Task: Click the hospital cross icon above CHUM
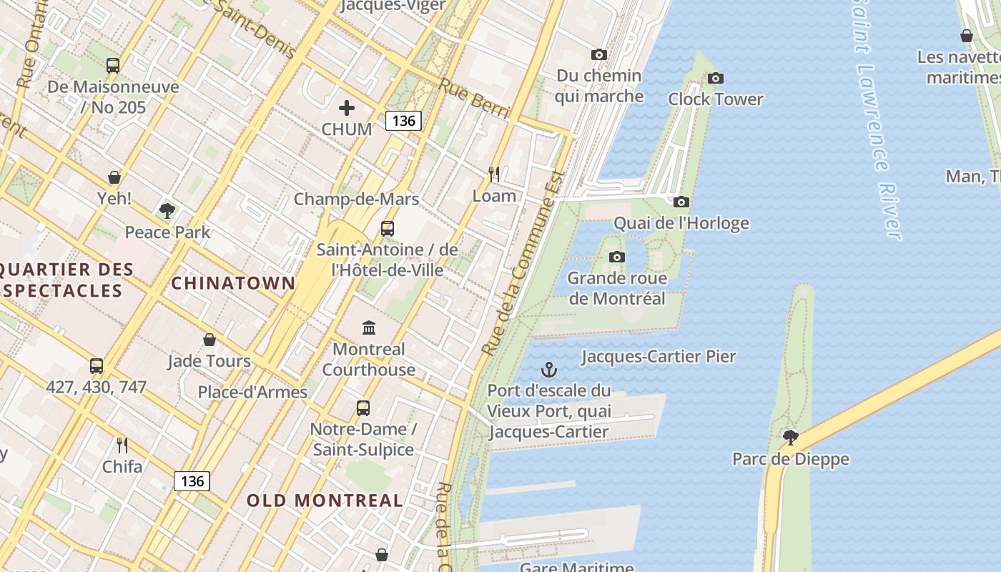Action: pos(347,108)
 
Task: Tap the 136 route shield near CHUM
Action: pos(403,120)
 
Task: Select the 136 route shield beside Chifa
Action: pos(192,480)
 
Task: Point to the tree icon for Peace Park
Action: pos(167,211)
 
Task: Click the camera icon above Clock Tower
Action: pos(715,78)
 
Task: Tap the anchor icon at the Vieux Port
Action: pos(548,370)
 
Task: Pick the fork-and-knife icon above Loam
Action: pos(494,174)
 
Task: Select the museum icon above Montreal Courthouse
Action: pos(369,328)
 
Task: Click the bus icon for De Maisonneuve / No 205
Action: pos(113,65)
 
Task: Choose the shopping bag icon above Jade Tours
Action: pos(209,340)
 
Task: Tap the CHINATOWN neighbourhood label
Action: pos(233,283)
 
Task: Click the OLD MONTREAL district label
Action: pos(325,500)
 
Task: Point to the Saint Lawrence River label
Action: pos(876,122)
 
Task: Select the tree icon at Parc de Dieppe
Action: pos(790,437)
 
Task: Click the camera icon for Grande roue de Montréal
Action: pos(616,257)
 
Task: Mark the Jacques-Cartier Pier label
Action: pos(658,356)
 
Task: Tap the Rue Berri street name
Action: pos(474,99)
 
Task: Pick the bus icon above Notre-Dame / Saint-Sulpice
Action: pos(363,408)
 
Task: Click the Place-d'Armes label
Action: pos(252,392)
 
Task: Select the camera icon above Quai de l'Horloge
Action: pos(681,202)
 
